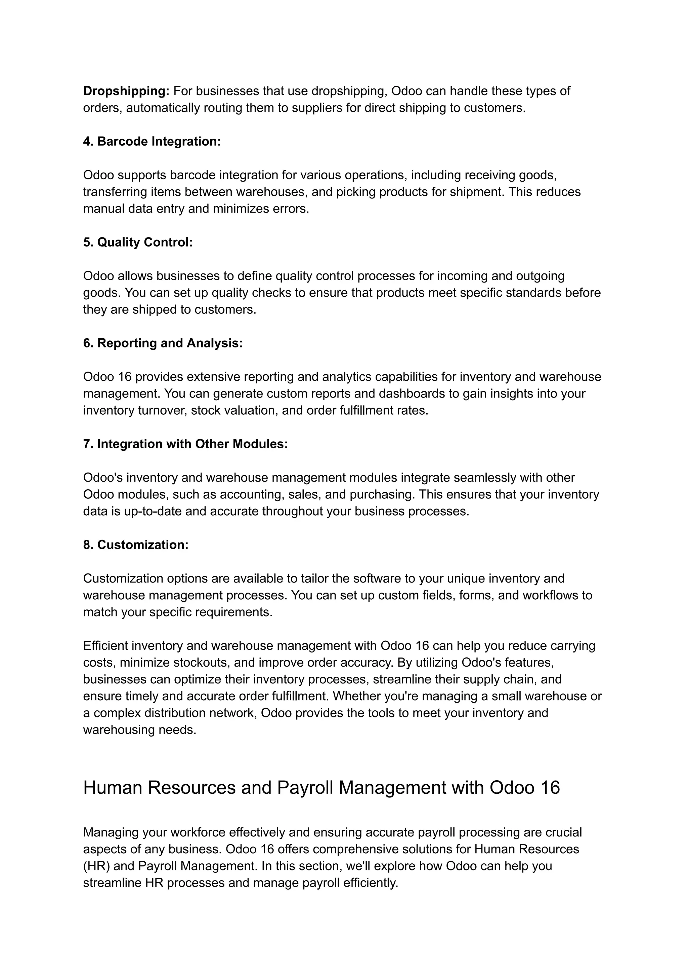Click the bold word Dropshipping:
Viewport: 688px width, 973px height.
pyautogui.click(x=126, y=91)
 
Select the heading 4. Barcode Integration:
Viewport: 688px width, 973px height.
pyautogui.click(x=152, y=141)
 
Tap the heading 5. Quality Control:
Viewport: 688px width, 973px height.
pyautogui.click(x=138, y=242)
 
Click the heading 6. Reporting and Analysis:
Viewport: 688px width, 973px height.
pyautogui.click(x=163, y=343)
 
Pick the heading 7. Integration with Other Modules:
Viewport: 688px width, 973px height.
pyautogui.click(x=185, y=444)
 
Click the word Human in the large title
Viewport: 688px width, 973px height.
pyautogui.click(x=112, y=788)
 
